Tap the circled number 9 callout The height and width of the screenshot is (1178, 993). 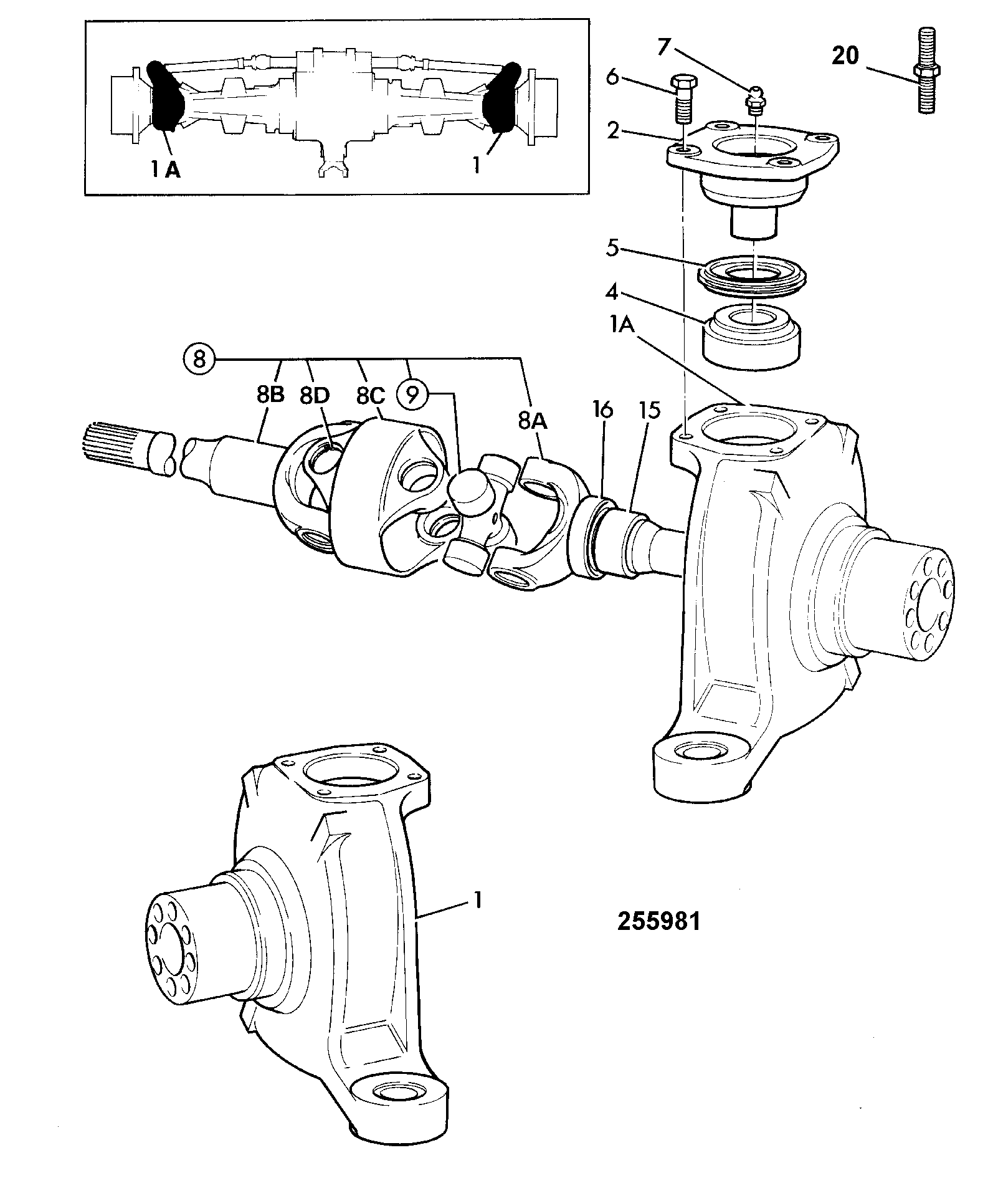click(x=412, y=395)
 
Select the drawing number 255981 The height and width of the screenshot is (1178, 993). click(x=659, y=938)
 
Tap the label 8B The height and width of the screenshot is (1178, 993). click(x=269, y=395)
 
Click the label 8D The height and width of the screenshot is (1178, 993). click(x=315, y=395)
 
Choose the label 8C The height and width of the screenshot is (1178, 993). click(x=371, y=395)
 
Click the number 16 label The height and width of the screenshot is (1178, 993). click(x=602, y=410)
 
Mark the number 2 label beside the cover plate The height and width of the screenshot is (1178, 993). click(x=614, y=131)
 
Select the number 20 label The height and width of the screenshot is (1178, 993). click(x=845, y=56)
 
